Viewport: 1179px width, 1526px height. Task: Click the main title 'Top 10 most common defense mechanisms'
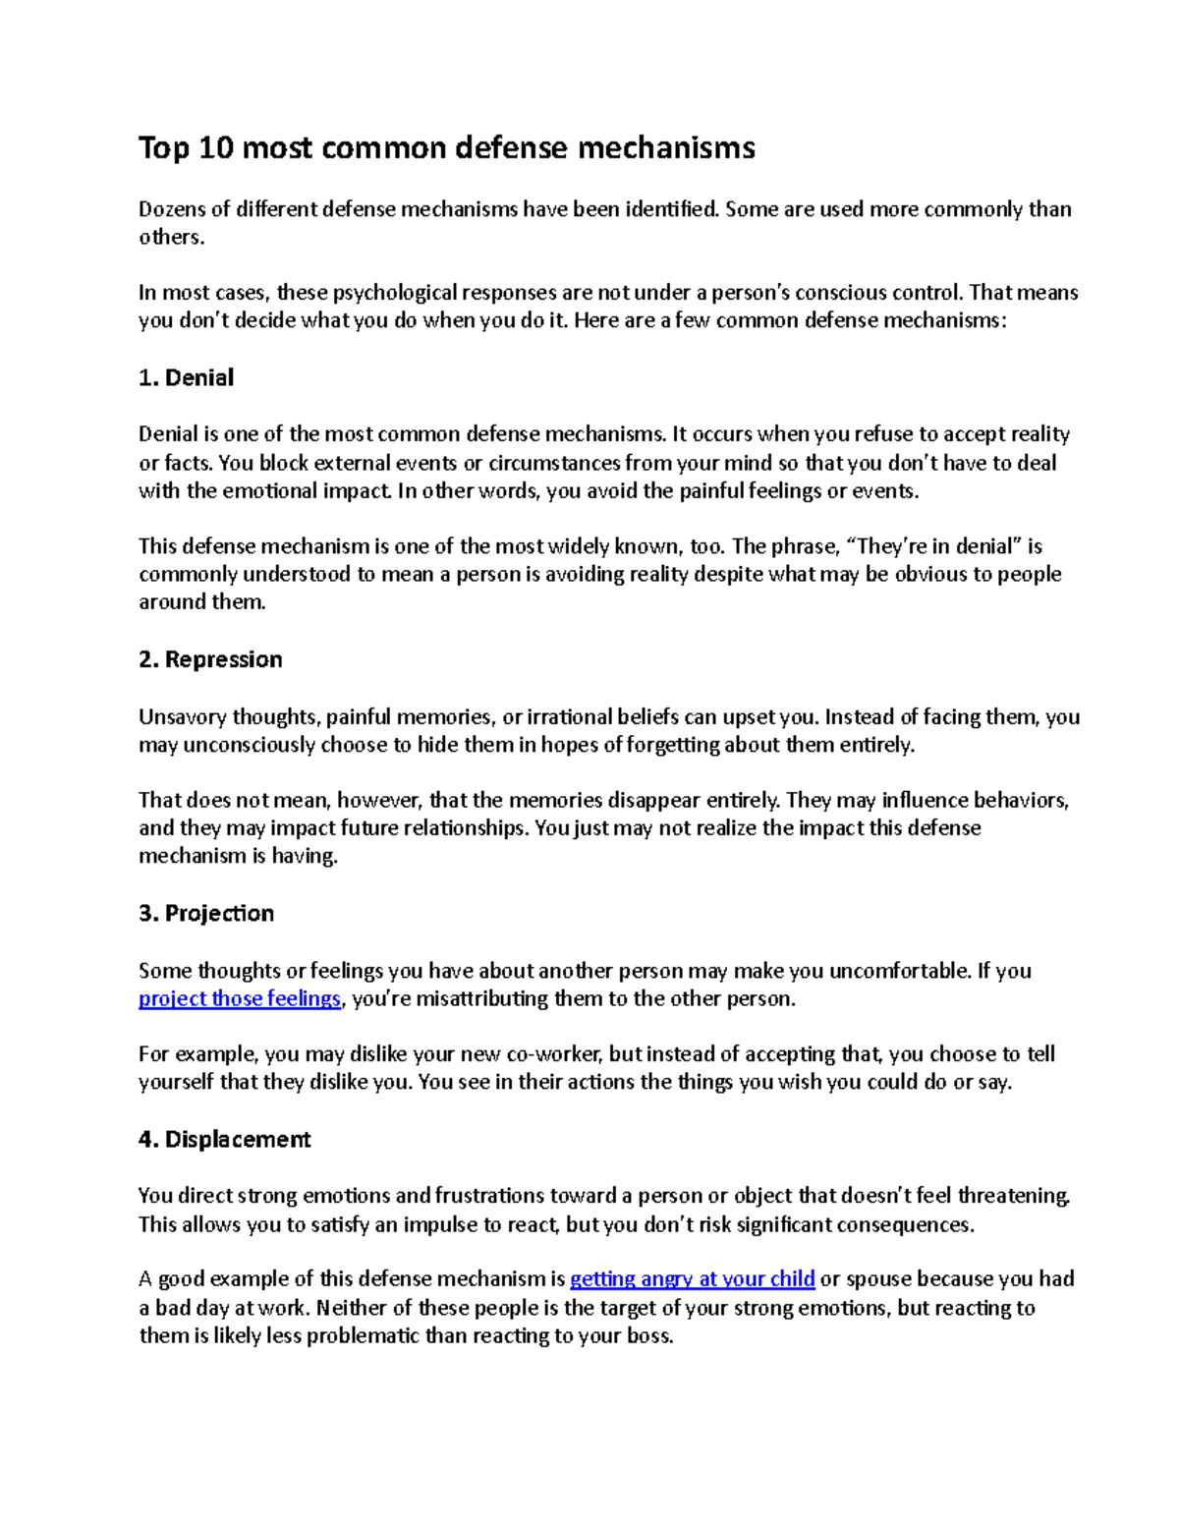point(447,148)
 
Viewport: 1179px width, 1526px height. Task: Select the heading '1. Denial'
point(187,378)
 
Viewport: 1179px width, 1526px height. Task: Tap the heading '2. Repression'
point(210,659)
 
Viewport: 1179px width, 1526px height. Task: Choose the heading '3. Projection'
point(206,914)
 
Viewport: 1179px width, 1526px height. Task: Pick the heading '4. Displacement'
point(224,1140)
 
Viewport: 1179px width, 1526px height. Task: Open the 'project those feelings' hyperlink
point(240,999)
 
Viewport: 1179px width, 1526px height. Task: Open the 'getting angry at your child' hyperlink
point(693,1279)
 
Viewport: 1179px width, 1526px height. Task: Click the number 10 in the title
point(215,148)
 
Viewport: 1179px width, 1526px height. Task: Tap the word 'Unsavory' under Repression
point(182,717)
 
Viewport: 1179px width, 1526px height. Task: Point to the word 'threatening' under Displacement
point(1013,1196)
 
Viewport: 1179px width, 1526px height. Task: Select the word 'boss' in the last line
point(647,1336)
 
